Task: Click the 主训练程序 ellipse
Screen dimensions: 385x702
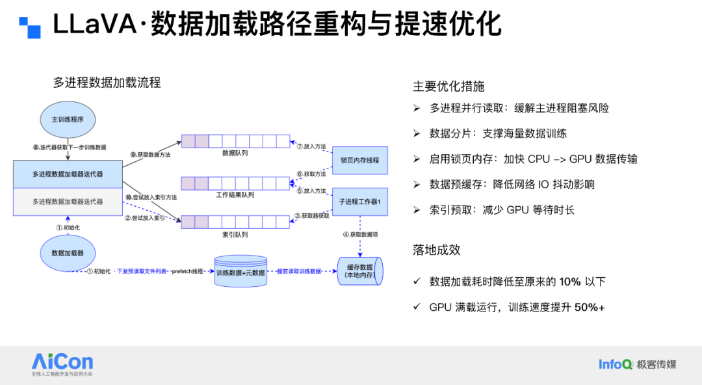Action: pyautogui.click(x=68, y=119)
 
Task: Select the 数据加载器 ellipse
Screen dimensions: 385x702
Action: pyautogui.click(x=68, y=253)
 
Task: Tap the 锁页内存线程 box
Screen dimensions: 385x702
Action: pyautogui.click(x=359, y=160)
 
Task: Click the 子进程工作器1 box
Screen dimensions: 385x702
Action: pyautogui.click(x=359, y=202)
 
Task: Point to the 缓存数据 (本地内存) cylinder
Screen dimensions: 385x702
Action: pyautogui.click(x=359, y=271)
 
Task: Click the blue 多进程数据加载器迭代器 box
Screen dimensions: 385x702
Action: pyautogui.click(x=68, y=174)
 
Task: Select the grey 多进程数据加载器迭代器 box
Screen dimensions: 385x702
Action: pyautogui.click(x=68, y=202)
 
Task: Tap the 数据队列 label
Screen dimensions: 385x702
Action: pyautogui.click(x=235, y=153)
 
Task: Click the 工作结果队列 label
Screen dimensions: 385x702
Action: pyautogui.click(x=235, y=194)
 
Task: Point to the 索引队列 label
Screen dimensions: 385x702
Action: pyautogui.click(x=235, y=235)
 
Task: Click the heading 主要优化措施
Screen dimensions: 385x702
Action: pyautogui.click(x=448, y=86)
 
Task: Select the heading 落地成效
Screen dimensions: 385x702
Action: pyautogui.click(x=436, y=250)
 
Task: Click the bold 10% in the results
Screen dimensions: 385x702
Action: pyautogui.click(x=570, y=282)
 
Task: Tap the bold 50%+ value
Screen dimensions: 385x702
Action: pyautogui.click(x=590, y=307)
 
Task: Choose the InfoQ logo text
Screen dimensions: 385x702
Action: pyautogui.click(x=615, y=364)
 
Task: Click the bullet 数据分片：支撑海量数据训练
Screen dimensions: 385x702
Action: pyautogui.click(x=498, y=133)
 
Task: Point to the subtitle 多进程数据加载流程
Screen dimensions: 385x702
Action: pyautogui.click(x=107, y=83)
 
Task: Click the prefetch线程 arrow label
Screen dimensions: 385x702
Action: pyautogui.click(x=188, y=271)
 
